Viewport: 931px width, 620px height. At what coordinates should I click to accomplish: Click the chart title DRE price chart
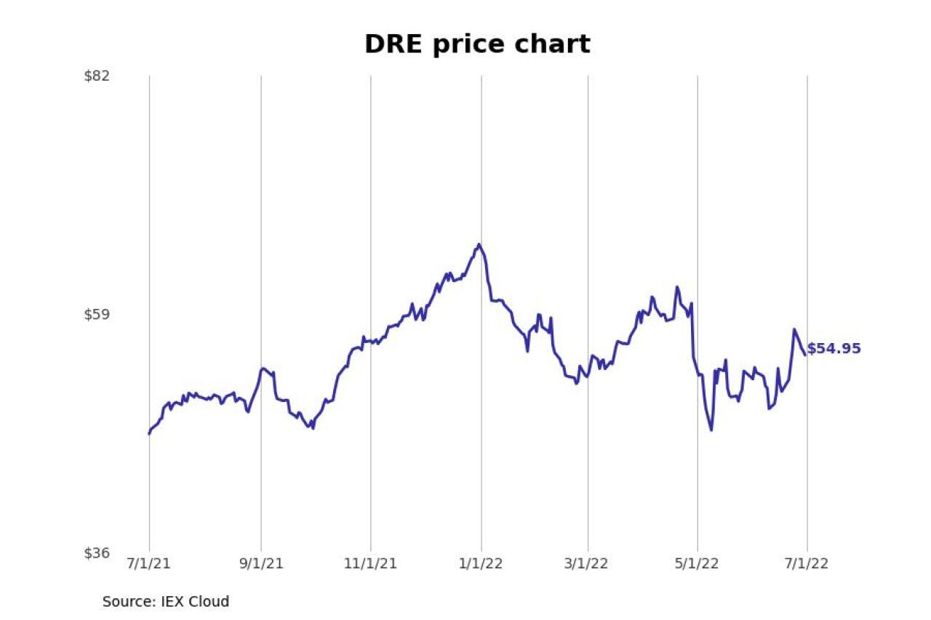pyautogui.click(x=477, y=44)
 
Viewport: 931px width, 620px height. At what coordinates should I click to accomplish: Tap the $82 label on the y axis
pyautogui.click(x=97, y=75)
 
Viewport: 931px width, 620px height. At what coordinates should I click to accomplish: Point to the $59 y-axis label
pyautogui.click(x=97, y=314)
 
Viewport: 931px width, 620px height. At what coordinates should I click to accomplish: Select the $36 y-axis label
pyautogui.click(x=97, y=553)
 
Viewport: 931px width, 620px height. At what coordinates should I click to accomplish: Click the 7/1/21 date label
pyautogui.click(x=149, y=564)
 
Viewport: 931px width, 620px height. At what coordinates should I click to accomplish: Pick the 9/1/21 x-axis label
pyautogui.click(x=261, y=564)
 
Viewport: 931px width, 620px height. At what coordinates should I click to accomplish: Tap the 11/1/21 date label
pyautogui.click(x=370, y=564)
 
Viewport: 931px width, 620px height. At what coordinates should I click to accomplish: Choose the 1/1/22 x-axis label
pyautogui.click(x=481, y=564)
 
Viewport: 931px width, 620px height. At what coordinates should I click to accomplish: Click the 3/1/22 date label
pyautogui.click(x=588, y=564)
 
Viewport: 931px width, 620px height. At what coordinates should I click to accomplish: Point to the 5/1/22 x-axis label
pyautogui.click(x=698, y=564)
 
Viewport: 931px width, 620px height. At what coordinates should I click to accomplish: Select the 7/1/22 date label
pyautogui.click(x=807, y=564)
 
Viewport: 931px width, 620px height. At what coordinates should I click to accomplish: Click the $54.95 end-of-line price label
pyautogui.click(x=834, y=349)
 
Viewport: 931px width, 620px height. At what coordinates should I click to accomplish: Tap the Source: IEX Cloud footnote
pyautogui.click(x=166, y=602)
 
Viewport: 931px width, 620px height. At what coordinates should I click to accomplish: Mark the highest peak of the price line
pyautogui.click(x=479, y=244)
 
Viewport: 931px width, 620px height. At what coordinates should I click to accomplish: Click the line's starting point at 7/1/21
pyautogui.click(x=149, y=434)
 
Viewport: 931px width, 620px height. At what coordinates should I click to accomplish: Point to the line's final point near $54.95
pyautogui.click(x=804, y=355)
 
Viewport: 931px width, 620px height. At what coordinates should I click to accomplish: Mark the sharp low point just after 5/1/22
pyautogui.click(x=711, y=430)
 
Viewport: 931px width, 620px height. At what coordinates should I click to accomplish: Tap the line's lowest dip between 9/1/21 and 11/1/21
pyautogui.click(x=313, y=428)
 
